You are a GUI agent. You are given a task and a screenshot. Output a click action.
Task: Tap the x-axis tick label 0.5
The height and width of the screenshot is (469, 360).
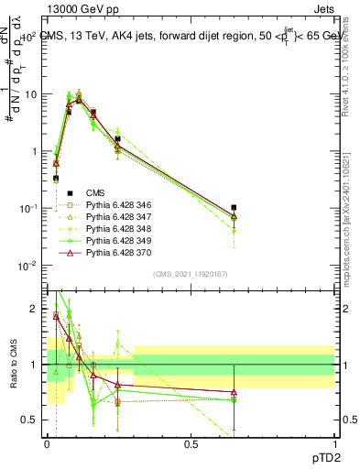[191, 443]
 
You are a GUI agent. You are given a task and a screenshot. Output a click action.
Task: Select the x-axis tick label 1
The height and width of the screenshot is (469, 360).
[334, 443]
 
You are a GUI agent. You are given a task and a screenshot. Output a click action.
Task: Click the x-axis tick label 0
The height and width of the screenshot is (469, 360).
[47, 443]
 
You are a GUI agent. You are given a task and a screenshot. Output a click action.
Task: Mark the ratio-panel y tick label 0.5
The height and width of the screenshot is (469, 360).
[31, 420]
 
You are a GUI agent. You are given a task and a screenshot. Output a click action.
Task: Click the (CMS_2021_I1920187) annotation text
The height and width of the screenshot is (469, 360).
[191, 274]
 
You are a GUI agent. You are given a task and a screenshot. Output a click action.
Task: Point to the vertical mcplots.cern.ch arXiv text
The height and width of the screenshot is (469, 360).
[351, 211]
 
